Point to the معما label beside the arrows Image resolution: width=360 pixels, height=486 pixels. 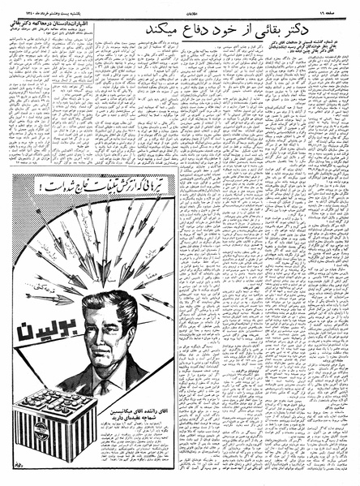(144, 275)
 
